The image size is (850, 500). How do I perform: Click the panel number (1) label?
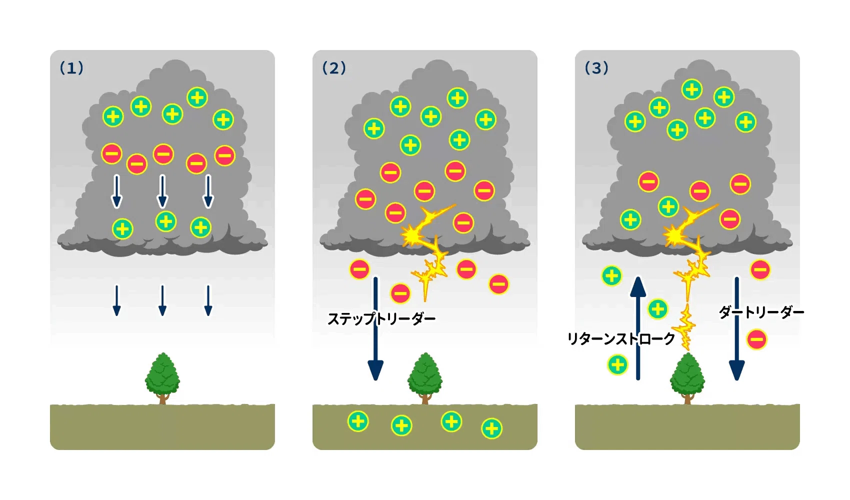(x=71, y=68)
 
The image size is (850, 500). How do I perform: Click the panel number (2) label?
(x=334, y=68)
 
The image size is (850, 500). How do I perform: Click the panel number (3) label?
(x=596, y=68)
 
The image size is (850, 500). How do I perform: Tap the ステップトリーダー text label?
(x=381, y=319)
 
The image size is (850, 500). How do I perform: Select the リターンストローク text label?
(x=621, y=339)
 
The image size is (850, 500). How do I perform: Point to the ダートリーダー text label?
(x=761, y=312)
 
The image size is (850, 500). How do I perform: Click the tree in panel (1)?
(x=162, y=378)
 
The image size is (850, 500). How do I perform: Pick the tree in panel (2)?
(x=425, y=378)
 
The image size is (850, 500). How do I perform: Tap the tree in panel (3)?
(x=687, y=378)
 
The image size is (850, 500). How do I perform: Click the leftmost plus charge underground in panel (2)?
(x=358, y=421)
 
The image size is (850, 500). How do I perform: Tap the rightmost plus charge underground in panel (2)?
(x=491, y=428)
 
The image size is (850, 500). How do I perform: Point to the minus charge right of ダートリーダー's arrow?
(x=756, y=339)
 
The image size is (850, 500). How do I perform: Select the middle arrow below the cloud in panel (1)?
(x=162, y=300)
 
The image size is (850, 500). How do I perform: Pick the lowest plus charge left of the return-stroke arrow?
(x=617, y=364)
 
